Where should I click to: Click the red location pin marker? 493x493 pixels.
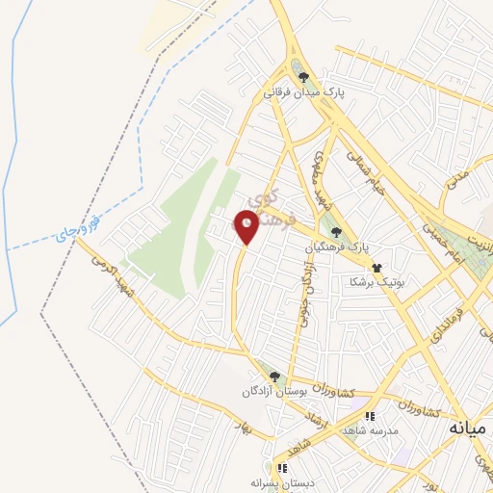coord(247,225)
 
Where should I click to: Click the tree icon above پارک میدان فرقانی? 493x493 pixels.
coord(304,78)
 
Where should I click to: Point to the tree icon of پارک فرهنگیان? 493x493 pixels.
coord(336,231)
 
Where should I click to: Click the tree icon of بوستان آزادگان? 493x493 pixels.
coord(275,376)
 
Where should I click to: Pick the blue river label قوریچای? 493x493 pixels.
coord(76,228)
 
